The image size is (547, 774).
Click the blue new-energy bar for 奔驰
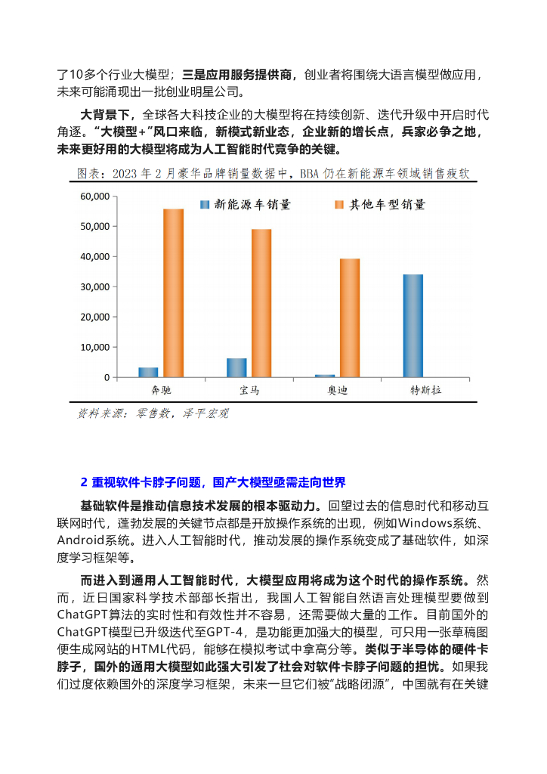[148, 372]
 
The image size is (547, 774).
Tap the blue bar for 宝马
[236, 367]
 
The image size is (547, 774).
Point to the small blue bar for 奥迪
[325, 376]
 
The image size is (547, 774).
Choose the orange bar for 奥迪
[350, 318]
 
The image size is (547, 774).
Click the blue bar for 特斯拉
[413, 326]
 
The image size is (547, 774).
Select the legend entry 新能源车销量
[245, 205]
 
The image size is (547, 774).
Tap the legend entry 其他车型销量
[379, 205]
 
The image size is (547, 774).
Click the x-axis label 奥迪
[337, 391]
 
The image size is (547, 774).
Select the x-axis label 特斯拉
[425, 391]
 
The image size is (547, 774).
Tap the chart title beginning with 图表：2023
[273, 174]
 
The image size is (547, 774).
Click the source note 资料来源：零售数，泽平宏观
[153, 413]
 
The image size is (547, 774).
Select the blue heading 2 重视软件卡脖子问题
[212, 481]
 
